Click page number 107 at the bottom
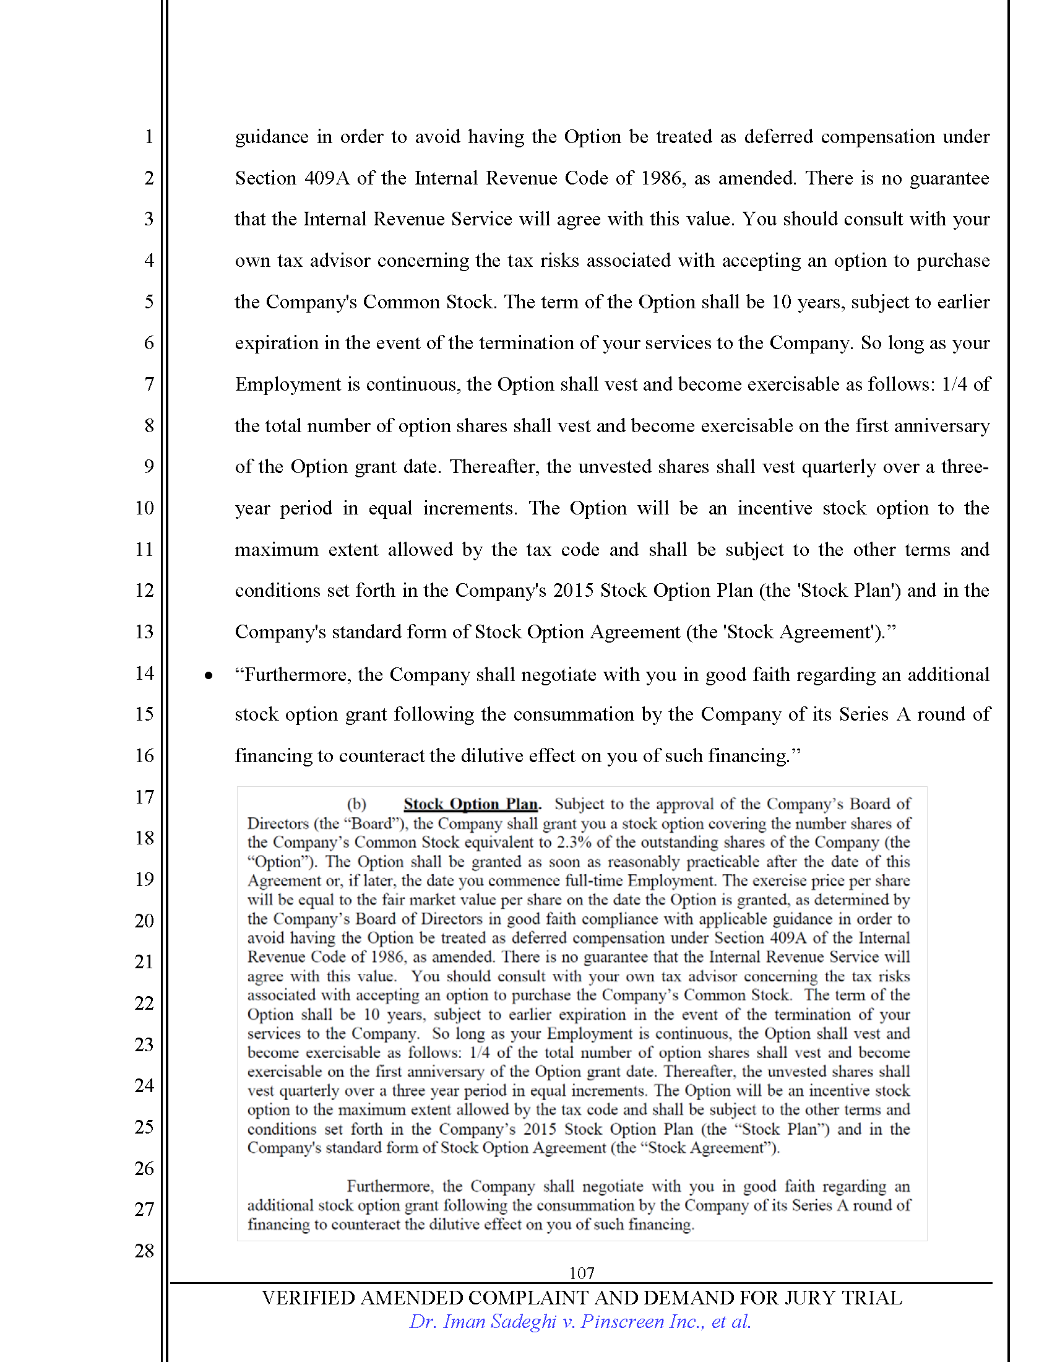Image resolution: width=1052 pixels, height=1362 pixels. click(x=581, y=1273)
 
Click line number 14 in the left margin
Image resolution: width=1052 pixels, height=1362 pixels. click(x=144, y=673)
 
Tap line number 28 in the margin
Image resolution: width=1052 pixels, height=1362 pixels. click(x=144, y=1251)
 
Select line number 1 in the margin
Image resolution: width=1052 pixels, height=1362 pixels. click(x=149, y=136)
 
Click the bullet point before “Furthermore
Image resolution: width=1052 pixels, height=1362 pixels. click(x=209, y=675)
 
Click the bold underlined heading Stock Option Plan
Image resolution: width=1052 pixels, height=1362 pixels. click(x=470, y=804)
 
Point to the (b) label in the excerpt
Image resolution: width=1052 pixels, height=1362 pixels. click(x=356, y=804)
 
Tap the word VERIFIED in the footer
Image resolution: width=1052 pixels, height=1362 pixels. click(x=309, y=1298)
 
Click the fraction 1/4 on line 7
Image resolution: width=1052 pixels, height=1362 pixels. click(x=954, y=384)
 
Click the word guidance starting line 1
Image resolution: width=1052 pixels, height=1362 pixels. click(x=271, y=137)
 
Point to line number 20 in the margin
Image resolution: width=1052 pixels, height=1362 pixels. click(x=144, y=921)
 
